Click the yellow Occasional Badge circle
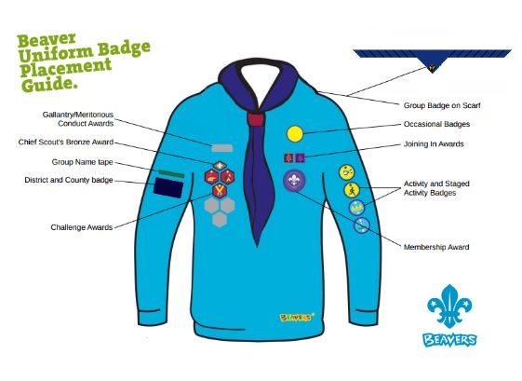295,133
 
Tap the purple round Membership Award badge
294,181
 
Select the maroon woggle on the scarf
256,119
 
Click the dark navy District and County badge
168,187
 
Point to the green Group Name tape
171,173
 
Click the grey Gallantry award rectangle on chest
222,148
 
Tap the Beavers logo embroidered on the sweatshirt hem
297,317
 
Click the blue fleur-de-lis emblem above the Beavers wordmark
449,306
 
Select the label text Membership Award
436,247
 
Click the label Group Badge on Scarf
442,105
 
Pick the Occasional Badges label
436,124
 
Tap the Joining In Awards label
434,144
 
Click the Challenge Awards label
82,227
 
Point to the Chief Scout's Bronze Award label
66,142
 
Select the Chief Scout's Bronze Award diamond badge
220,166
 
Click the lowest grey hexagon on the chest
220,219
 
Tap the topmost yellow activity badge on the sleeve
346,172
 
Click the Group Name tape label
82,162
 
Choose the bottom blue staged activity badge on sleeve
362,225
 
